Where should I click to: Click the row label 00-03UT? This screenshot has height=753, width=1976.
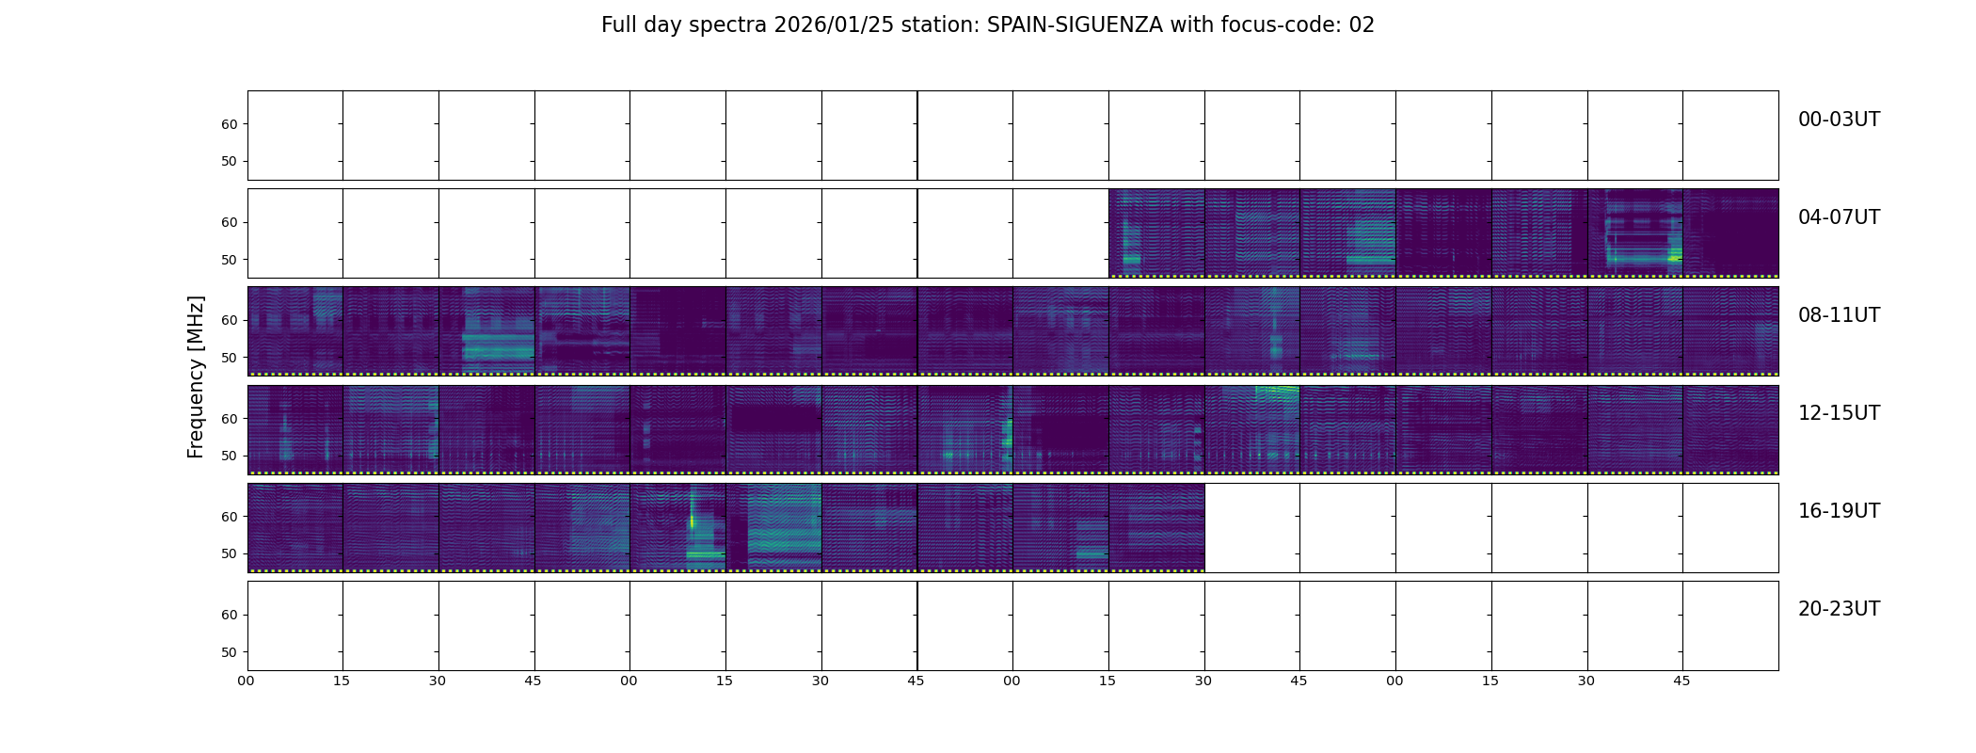point(1838,120)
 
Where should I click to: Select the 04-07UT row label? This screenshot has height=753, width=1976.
point(1838,217)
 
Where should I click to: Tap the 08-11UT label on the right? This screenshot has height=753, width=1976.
point(1838,315)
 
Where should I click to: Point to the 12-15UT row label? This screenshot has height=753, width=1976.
point(1838,413)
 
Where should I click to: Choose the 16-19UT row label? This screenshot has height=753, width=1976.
point(1838,511)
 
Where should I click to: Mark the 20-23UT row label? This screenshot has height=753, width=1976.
point(1838,609)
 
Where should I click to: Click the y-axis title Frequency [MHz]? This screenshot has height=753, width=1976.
point(196,376)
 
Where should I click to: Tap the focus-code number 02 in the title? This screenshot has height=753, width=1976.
point(1362,25)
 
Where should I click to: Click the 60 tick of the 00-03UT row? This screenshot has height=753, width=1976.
point(230,124)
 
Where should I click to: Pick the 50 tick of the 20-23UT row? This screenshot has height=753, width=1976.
point(230,652)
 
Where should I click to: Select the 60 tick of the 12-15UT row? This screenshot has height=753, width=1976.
point(230,419)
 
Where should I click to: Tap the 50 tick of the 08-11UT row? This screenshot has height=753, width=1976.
point(230,358)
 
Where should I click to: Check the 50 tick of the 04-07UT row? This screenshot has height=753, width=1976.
point(230,260)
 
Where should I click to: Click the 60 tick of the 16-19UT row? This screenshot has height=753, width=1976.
point(230,517)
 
